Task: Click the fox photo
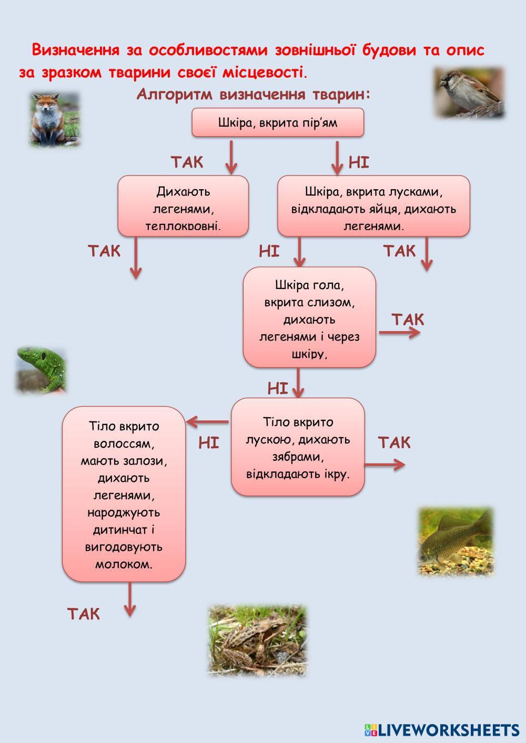click(54, 120)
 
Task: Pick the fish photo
click(456, 541)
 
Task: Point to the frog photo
click(257, 640)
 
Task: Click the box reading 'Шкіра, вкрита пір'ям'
click(278, 122)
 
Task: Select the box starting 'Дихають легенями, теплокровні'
click(183, 206)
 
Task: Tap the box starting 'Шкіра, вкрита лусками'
click(373, 206)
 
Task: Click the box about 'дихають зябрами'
click(298, 447)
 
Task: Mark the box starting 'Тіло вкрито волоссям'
click(124, 494)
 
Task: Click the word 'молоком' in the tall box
click(124, 564)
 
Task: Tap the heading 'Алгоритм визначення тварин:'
click(254, 95)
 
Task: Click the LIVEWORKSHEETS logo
click(442, 729)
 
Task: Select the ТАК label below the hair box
click(84, 613)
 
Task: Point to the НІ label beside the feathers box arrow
click(359, 162)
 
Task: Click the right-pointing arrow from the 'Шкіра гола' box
click(400, 333)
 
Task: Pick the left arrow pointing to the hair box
click(208, 421)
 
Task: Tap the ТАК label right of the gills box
click(394, 442)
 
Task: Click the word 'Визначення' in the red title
click(75, 50)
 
